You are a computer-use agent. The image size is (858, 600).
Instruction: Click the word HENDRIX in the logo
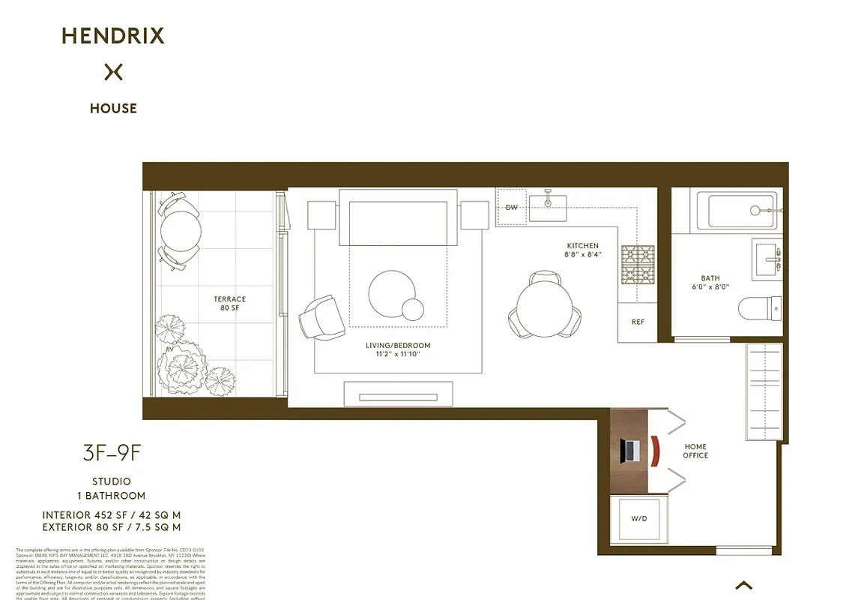(x=113, y=35)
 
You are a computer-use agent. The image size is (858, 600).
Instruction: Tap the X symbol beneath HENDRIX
(x=113, y=72)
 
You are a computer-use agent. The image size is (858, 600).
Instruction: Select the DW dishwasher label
(x=512, y=208)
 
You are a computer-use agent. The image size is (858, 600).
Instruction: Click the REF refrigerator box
(x=638, y=322)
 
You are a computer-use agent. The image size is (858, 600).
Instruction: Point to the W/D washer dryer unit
(x=639, y=518)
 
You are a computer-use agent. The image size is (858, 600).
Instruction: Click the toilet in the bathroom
(x=760, y=308)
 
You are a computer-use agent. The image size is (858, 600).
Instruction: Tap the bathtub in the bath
(x=739, y=211)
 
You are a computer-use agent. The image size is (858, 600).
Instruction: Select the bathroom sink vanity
(x=767, y=258)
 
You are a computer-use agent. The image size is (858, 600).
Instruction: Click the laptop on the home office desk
(x=629, y=450)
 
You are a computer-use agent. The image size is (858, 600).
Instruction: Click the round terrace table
(x=180, y=231)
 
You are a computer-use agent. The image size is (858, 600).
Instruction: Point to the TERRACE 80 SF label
(x=229, y=304)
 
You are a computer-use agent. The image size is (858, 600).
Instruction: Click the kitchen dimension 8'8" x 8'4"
(x=582, y=255)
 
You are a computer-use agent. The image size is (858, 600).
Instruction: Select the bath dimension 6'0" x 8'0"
(x=710, y=287)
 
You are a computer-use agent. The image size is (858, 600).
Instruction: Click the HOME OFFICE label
(x=695, y=451)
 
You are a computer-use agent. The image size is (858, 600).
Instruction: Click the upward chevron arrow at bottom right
(x=743, y=585)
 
